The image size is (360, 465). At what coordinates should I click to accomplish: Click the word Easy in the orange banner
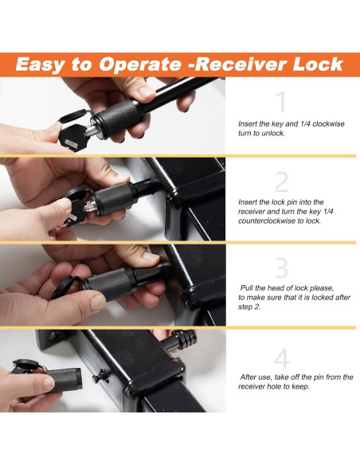(40, 65)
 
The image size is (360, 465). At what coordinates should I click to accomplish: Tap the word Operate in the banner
(139, 65)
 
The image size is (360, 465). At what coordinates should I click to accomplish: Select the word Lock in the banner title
(318, 64)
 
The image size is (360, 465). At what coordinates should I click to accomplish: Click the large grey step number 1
(281, 101)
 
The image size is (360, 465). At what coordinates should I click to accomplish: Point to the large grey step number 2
(282, 182)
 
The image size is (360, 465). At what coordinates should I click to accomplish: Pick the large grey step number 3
(281, 268)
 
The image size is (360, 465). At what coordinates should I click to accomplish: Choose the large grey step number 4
(281, 358)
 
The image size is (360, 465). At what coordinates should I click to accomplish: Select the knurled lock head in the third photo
(110, 284)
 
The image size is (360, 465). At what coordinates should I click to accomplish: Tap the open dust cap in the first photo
(73, 116)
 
